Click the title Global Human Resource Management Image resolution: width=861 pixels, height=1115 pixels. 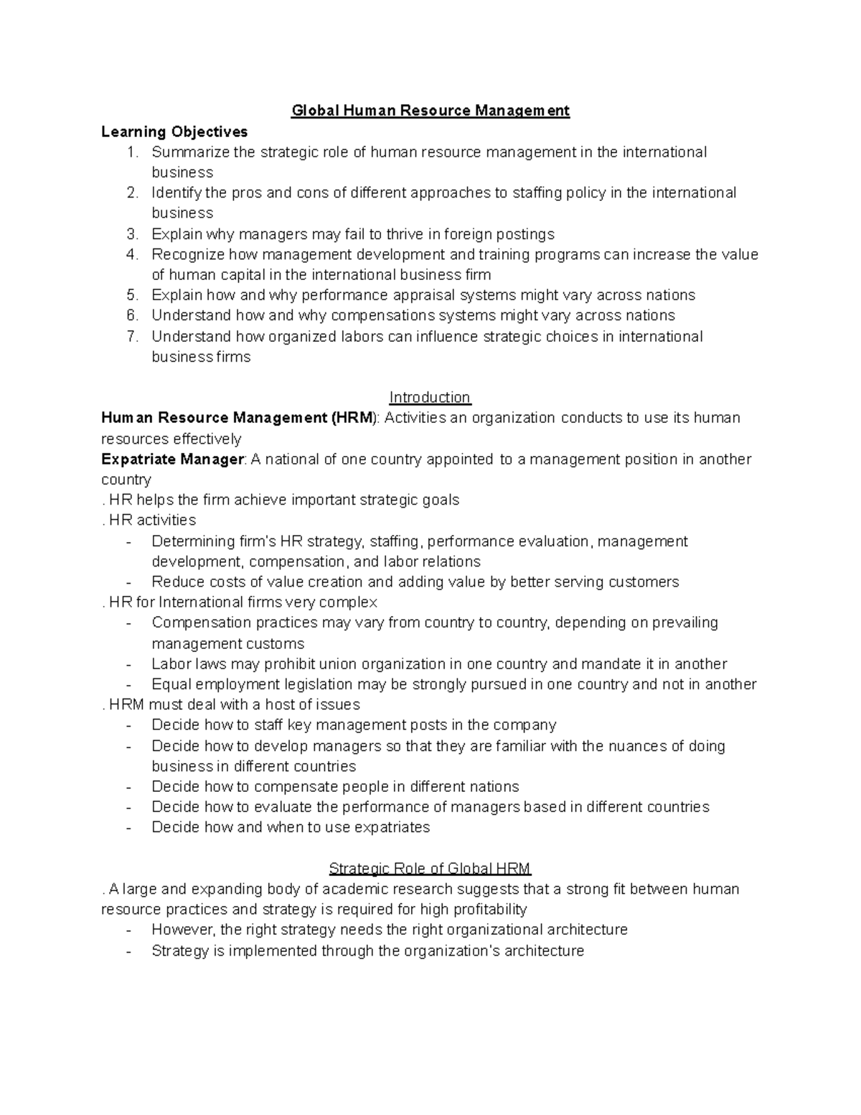pyautogui.click(x=430, y=111)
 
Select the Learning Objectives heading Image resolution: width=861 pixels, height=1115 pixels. pyautogui.click(x=174, y=131)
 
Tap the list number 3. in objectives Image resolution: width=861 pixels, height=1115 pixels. pyautogui.click(x=132, y=234)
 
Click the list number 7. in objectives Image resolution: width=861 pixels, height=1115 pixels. pyautogui.click(x=132, y=337)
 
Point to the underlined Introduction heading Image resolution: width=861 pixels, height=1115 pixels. pyautogui.click(x=430, y=397)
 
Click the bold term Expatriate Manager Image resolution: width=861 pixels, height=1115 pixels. pyautogui.click(x=172, y=459)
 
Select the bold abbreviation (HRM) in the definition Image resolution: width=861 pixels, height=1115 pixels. pyautogui.click(x=353, y=418)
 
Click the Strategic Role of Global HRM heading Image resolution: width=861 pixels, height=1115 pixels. pyautogui.click(x=430, y=869)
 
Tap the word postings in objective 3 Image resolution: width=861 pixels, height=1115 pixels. pyautogui.click(x=522, y=234)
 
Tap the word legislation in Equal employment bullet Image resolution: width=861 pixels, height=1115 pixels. pyautogui.click(x=319, y=684)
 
